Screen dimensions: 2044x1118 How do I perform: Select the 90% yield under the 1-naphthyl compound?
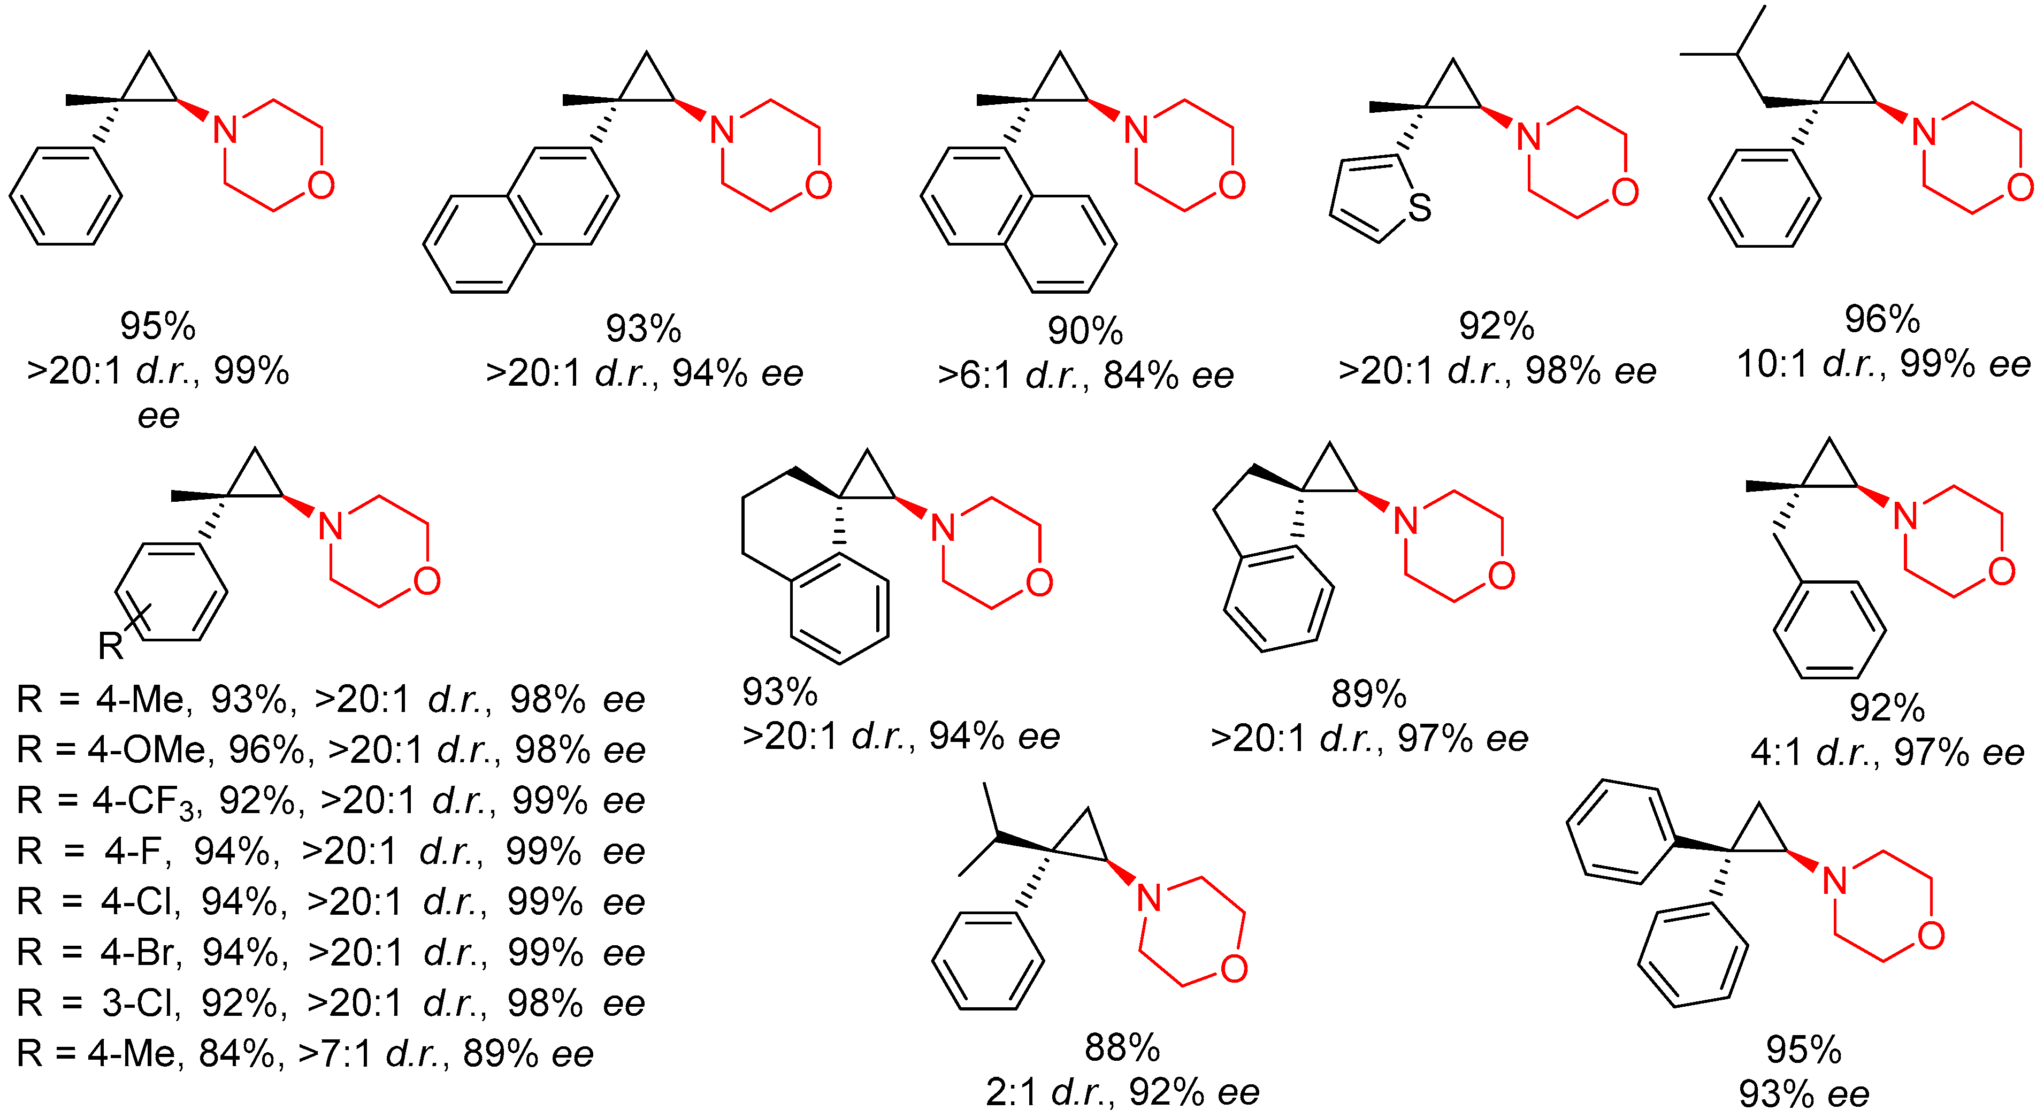click(x=1085, y=331)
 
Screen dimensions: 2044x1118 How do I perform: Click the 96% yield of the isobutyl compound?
click(x=1881, y=319)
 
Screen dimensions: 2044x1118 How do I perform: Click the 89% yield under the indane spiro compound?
click(x=1369, y=694)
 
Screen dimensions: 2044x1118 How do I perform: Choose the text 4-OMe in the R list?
click(x=147, y=750)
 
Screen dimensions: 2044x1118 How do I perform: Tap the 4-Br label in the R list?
click(x=141, y=952)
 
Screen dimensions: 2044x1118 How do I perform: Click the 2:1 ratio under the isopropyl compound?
click(x=1011, y=1093)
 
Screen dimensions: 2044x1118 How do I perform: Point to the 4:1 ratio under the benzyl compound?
click(x=1776, y=752)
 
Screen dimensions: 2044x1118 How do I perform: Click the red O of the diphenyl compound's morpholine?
click(x=1931, y=936)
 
